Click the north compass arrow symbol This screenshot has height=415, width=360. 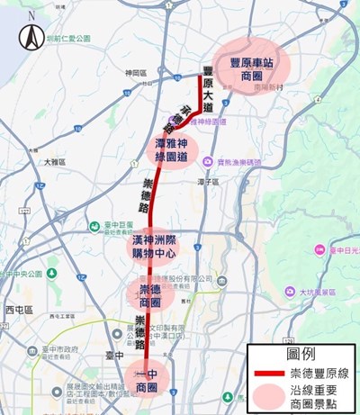(x=31, y=37)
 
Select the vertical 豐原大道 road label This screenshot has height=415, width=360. (x=208, y=90)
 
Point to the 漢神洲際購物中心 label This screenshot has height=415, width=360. (x=151, y=245)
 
